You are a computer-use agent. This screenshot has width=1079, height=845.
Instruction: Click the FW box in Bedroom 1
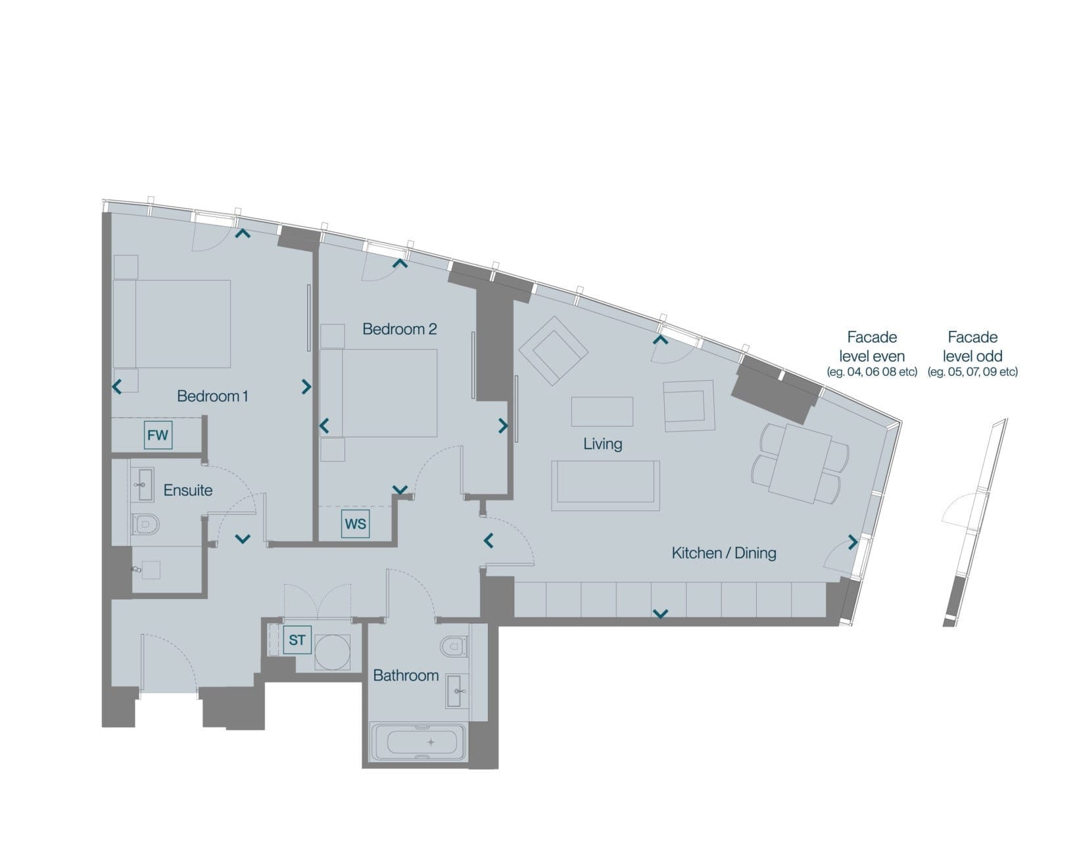point(158,435)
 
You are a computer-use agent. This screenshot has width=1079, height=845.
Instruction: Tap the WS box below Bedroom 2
point(355,524)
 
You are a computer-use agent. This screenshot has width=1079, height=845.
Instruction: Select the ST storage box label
point(297,640)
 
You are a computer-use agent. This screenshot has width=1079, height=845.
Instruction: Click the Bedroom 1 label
point(212,396)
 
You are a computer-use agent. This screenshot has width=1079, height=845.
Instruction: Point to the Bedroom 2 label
point(400,329)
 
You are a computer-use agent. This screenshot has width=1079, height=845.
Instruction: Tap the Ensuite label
point(187,490)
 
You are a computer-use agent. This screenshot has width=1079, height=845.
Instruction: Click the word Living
point(603,444)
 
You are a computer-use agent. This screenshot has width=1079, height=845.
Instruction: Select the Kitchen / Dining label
point(724,553)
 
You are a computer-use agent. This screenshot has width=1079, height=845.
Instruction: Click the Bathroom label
point(406,675)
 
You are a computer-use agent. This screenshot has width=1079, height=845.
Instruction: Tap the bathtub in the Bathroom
point(419,742)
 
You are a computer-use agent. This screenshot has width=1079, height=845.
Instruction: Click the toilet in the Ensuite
point(145,524)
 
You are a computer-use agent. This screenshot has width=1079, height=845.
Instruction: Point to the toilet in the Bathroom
point(454,646)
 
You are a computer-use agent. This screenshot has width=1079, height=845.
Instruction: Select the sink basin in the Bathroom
point(458,690)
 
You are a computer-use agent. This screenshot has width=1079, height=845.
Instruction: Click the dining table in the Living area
point(801,463)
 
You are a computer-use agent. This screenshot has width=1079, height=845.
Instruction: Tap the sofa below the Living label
point(606,485)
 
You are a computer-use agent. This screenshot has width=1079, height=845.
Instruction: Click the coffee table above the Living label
point(602,412)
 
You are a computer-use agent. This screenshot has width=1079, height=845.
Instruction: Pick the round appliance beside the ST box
point(332,652)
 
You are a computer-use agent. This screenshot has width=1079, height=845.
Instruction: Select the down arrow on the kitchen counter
point(660,614)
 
